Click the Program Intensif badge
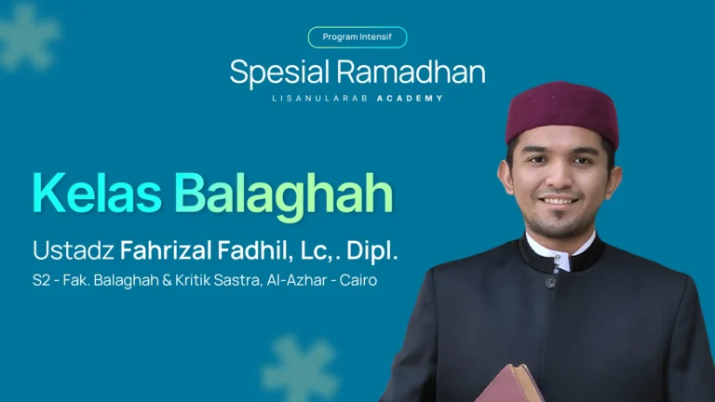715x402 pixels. (357, 37)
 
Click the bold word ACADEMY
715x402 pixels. (410, 98)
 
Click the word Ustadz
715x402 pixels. (73, 250)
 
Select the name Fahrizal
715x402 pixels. (162, 250)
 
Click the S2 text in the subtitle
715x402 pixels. (43, 280)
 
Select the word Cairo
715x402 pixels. (358, 280)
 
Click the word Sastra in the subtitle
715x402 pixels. (236, 280)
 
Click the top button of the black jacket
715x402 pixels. (551, 280)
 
